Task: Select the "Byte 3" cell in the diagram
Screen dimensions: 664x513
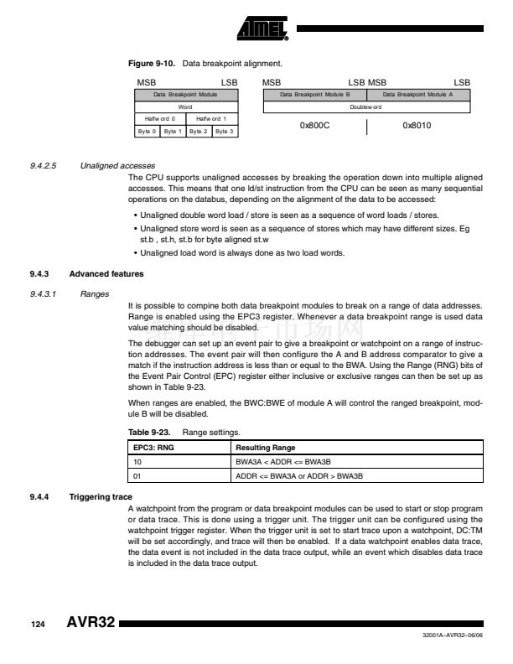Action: [x=225, y=132]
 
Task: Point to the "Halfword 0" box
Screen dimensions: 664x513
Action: [x=160, y=119]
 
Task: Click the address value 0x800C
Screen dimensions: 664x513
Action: [x=314, y=126]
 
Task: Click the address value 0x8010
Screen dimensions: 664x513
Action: [x=417, y=126]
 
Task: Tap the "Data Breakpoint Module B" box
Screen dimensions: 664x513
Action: [x=314, y=96]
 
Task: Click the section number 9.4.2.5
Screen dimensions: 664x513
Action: [x=42, y=166]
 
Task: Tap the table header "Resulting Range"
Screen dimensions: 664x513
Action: [x=265, y=449]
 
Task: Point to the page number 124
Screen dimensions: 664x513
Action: [x=38, y=625]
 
